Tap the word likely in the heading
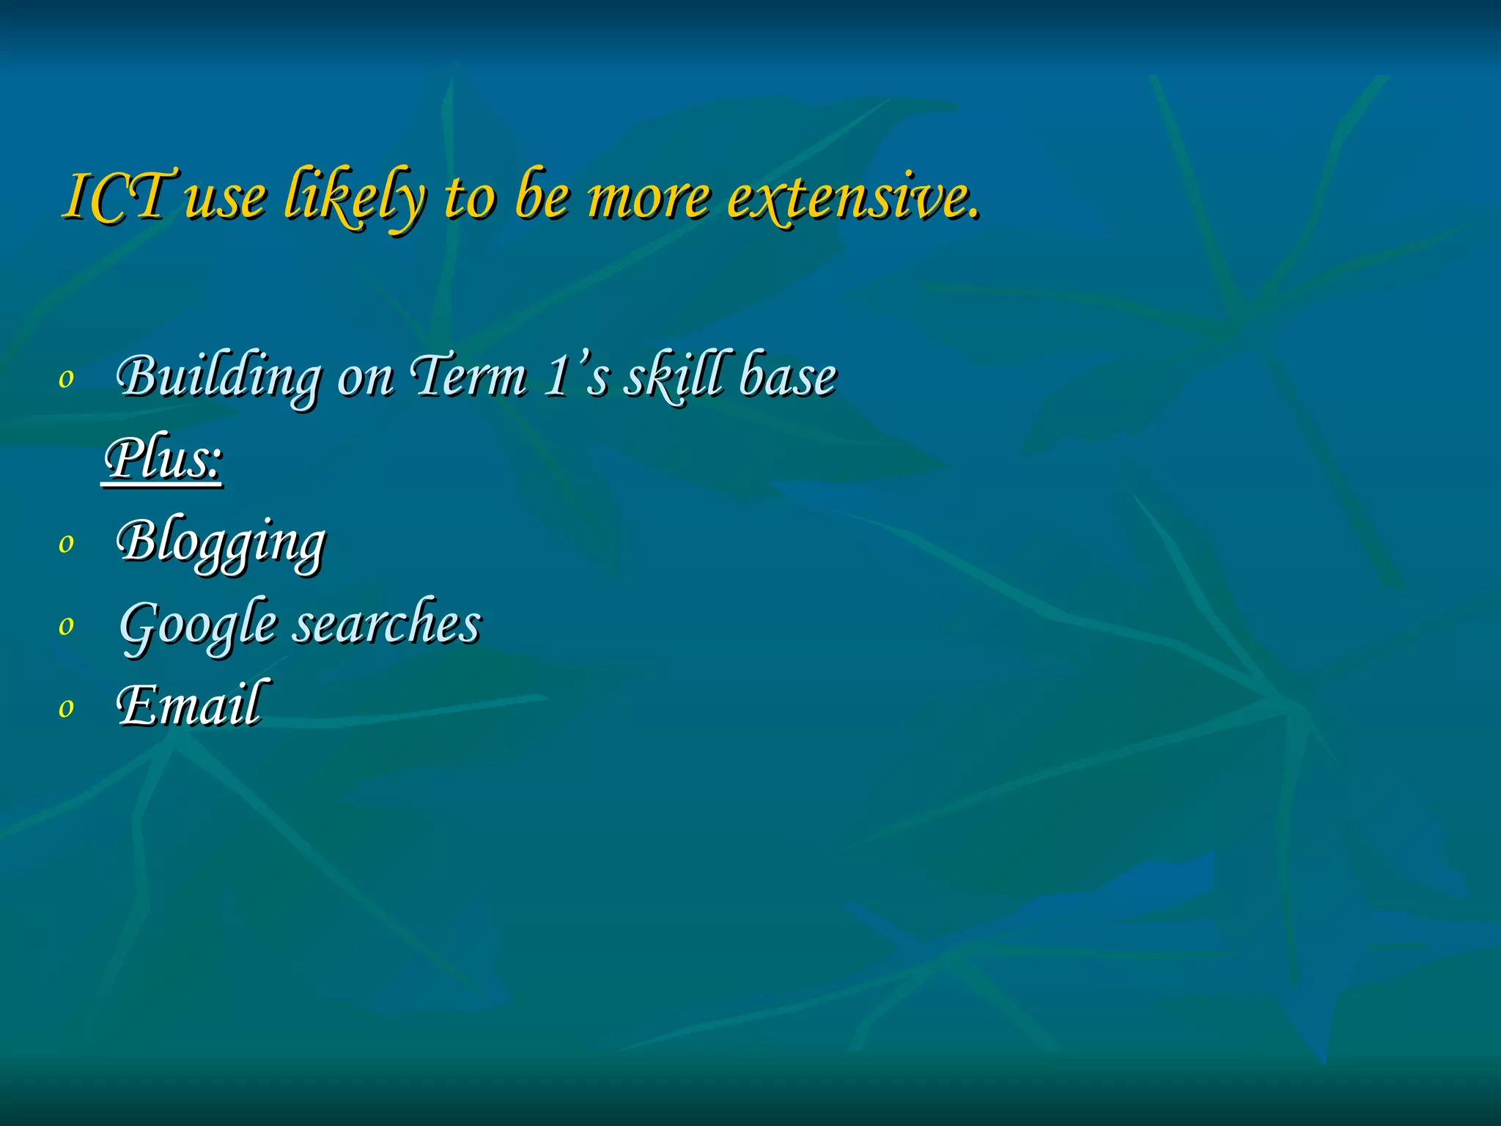click(354, 196)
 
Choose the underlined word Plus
click(162, 459)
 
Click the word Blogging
click(220, 542)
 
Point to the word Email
click(189, 704)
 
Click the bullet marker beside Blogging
click(67, 544)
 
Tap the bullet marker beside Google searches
click(67, 626)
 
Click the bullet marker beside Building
click(67, 379)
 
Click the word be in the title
click(541, 196)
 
